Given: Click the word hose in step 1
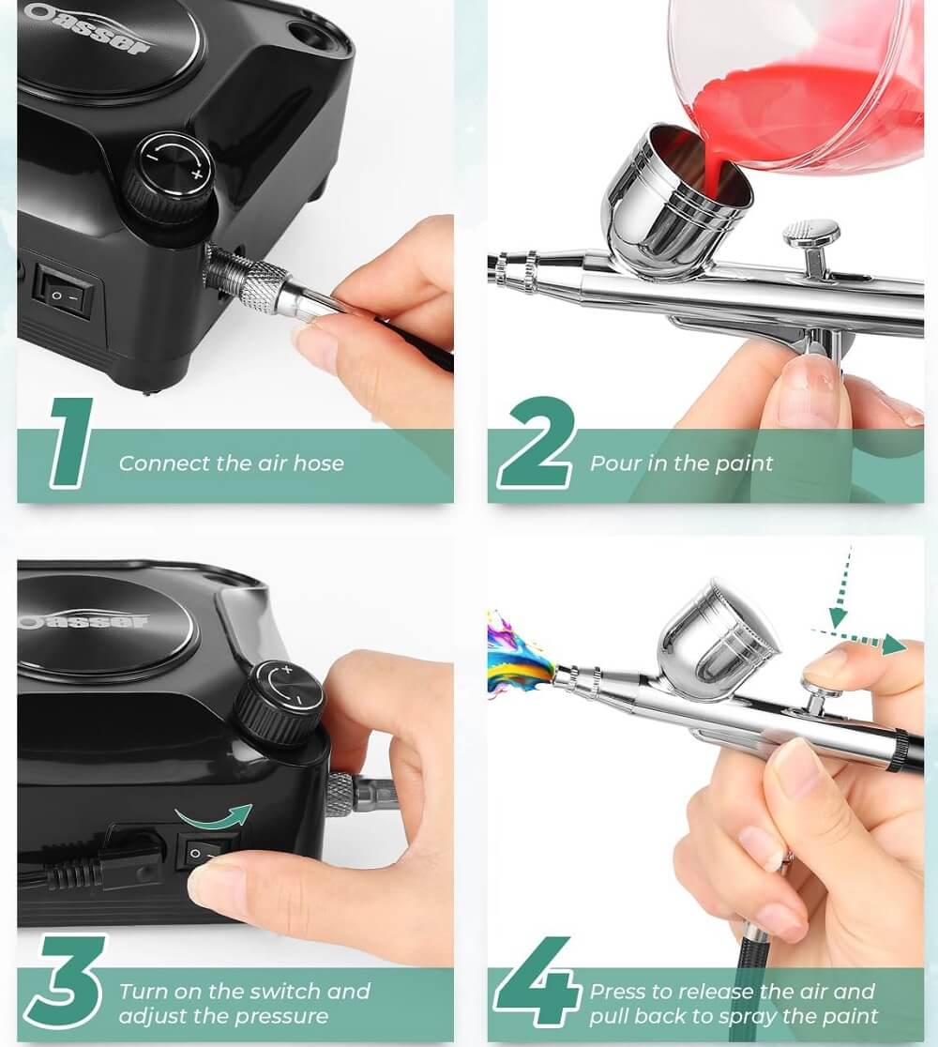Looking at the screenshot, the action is (x=319, y=463).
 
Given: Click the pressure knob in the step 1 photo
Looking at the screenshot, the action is (x=171, y=175).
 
